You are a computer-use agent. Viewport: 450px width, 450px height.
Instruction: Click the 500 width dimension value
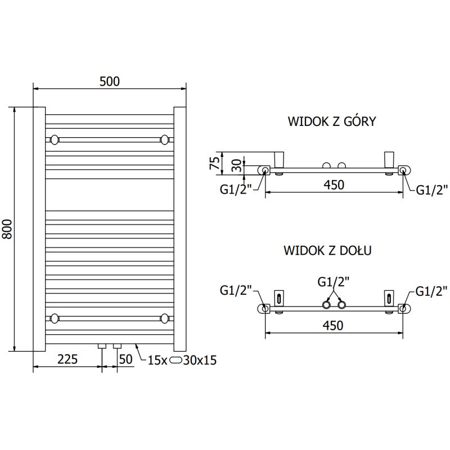click(110, 81)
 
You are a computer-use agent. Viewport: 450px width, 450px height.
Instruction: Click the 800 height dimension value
click(8, 229)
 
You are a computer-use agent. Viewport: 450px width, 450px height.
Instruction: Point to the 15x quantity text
click(157, 360)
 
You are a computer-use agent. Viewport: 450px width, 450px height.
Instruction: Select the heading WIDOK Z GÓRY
click(331, 121)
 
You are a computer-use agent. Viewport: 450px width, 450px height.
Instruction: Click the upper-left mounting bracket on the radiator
click(55, 139)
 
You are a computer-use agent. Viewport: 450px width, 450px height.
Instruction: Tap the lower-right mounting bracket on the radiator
click(165, 318)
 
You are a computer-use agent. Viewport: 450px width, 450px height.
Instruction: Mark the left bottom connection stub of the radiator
click(102, 346)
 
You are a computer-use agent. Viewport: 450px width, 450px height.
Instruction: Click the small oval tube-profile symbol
click(177, 360)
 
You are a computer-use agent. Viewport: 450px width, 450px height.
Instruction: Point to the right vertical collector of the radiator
click(180, 229)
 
